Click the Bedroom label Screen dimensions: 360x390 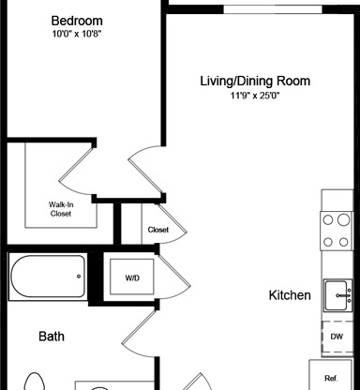77,21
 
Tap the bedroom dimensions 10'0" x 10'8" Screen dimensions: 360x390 77,34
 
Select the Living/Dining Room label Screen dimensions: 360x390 255,81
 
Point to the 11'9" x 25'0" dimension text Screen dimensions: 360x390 255,96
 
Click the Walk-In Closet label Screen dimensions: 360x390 61,209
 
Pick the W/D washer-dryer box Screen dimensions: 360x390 132,277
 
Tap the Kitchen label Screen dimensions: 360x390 290,295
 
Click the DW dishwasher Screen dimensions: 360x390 337,337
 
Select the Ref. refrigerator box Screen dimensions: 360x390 331,375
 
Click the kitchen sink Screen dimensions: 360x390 338,295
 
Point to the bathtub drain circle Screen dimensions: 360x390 79,277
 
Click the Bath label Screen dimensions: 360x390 52,337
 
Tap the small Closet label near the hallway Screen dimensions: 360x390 158,230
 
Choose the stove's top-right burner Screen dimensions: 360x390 343,219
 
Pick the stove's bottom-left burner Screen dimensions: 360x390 328,242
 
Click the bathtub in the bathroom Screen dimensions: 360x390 48,277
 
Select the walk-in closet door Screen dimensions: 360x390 77,172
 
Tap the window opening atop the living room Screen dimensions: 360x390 273,9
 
